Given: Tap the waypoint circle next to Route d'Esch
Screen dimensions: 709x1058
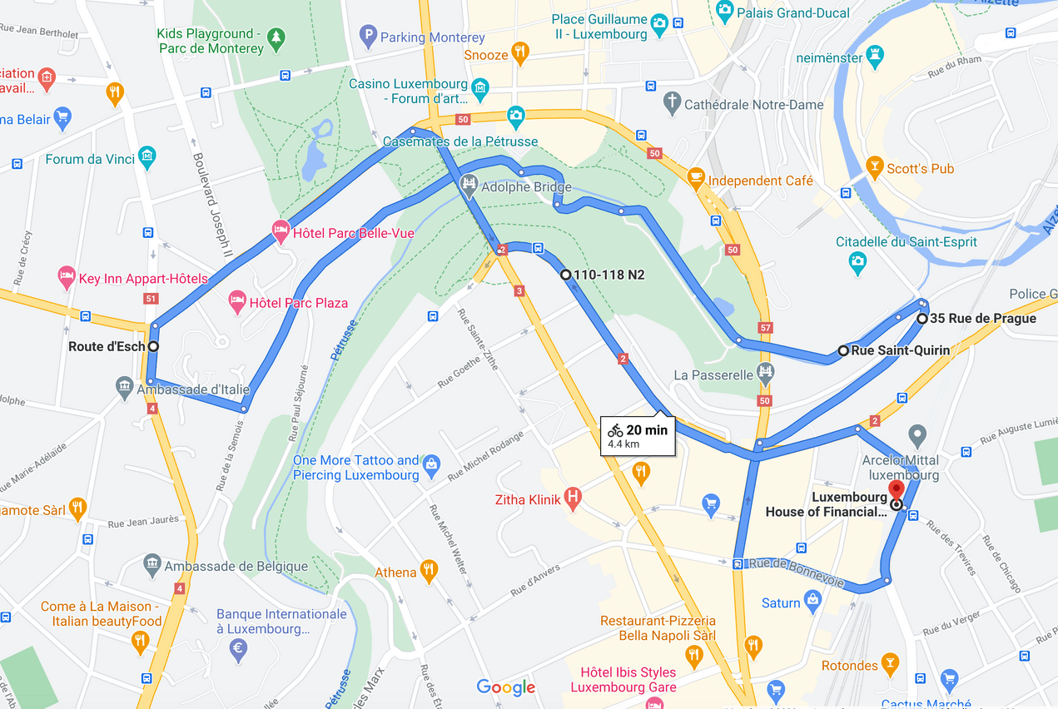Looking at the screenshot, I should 153,346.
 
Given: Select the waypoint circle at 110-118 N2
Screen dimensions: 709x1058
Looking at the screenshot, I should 566,275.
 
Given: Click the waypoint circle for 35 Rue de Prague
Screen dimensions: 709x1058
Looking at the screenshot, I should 922,319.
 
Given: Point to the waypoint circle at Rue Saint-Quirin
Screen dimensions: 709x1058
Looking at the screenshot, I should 843,350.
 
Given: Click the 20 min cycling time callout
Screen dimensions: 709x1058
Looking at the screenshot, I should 638,435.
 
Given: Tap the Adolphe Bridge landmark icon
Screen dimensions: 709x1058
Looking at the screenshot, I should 469,186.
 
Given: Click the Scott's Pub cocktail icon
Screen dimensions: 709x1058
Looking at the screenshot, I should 874,168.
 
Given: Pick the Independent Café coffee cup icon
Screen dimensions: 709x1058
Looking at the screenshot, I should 696,180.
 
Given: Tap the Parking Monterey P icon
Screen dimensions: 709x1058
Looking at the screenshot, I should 368,37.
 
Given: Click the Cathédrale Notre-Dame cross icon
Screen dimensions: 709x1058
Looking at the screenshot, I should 672,104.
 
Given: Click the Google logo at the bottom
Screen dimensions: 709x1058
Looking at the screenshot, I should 506,687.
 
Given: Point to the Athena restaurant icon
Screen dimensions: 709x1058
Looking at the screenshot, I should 429,572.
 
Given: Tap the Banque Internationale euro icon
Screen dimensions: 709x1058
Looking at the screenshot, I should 238,650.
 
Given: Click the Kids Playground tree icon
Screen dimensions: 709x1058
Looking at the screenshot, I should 276,37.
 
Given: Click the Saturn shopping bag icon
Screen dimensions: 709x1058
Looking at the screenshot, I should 813,602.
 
